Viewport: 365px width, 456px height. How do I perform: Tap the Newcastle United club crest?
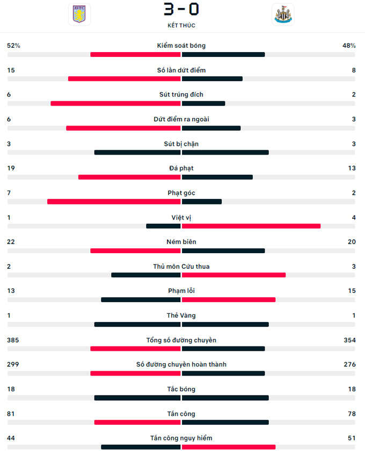tap(282, 14)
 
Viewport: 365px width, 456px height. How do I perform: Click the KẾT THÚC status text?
tap(181, 26)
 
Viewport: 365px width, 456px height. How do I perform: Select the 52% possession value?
tap(13, 46)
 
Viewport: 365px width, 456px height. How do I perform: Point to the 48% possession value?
tap(349, 46)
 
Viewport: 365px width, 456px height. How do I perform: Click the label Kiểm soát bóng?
tap(181, 46)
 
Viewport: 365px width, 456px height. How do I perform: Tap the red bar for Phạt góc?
tap(114, 202)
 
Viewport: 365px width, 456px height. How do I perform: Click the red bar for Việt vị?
tap(251, 226)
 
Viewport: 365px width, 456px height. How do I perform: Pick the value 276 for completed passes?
tap(349, 365)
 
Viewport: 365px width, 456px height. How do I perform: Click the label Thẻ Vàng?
tap(181, 315)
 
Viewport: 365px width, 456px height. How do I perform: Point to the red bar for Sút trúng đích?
tap(115, 104)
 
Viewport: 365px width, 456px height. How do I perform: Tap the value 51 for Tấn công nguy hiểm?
tap(352, 438)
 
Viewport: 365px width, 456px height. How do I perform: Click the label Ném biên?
tap(181, 242)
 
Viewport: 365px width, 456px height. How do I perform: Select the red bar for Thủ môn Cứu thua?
tap(233, 275)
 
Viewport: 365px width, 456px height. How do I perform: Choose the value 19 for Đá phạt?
tap(11, 168)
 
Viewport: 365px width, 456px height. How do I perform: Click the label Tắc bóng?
tap(181, 389)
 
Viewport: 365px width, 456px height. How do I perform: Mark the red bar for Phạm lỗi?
tap(229, 300)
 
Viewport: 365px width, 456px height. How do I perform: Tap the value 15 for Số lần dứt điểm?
tap(11, 70)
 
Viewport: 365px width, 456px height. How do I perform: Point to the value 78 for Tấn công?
tap(352, 414)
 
